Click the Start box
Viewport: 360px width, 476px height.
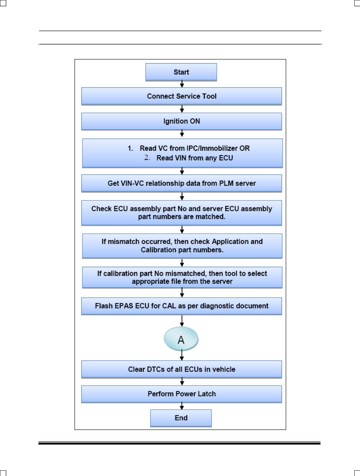(x=181, y=72)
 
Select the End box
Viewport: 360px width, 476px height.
(x=181, y=418)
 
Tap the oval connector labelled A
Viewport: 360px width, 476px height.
(x=181, y=339)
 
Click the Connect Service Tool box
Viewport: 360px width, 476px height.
(x=182, y=96)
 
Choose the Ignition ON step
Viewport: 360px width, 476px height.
(x=182, y=121)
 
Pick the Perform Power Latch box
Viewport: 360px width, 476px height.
(x=182, y=394)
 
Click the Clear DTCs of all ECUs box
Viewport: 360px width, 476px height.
(x=182, y=369)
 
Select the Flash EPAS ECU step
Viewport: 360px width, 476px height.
(x=182, y=306)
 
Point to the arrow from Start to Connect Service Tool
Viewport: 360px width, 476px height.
(x=182, y=84)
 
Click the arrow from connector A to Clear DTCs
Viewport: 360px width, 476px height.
(x=182, y=355)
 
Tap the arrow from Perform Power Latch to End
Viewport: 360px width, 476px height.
(x=182, y=406)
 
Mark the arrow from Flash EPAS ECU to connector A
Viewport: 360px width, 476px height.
(x=182, y=321)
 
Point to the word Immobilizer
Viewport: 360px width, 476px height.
(x=219, y=148)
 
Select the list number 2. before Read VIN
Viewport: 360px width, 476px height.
(x=147, y=157)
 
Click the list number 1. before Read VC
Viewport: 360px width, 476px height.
(x=130, y=148)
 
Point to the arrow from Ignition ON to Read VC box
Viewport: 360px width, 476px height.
(x=182, y=134)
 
